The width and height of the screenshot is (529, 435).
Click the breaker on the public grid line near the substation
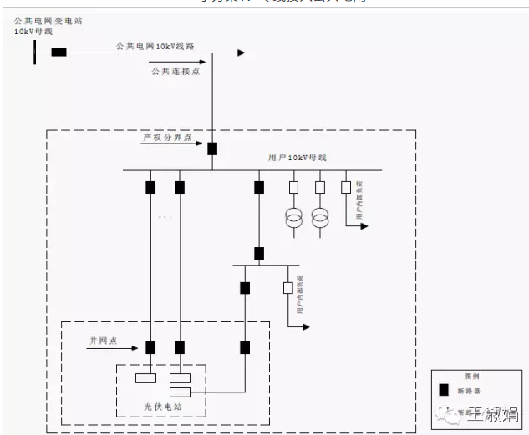[x=59, y=53]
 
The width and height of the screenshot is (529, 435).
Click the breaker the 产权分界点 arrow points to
[x=212, y=149]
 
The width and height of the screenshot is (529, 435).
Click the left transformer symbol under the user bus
[x=294, y=219]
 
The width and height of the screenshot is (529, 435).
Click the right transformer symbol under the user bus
[x=320, y=219]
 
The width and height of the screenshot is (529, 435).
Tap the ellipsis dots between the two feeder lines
[x=165, y=217]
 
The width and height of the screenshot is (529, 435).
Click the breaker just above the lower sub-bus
[x=259, y=253]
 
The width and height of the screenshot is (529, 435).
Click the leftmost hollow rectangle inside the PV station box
[x=145, y=377]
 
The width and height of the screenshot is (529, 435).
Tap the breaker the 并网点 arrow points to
[x=151, y=346]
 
